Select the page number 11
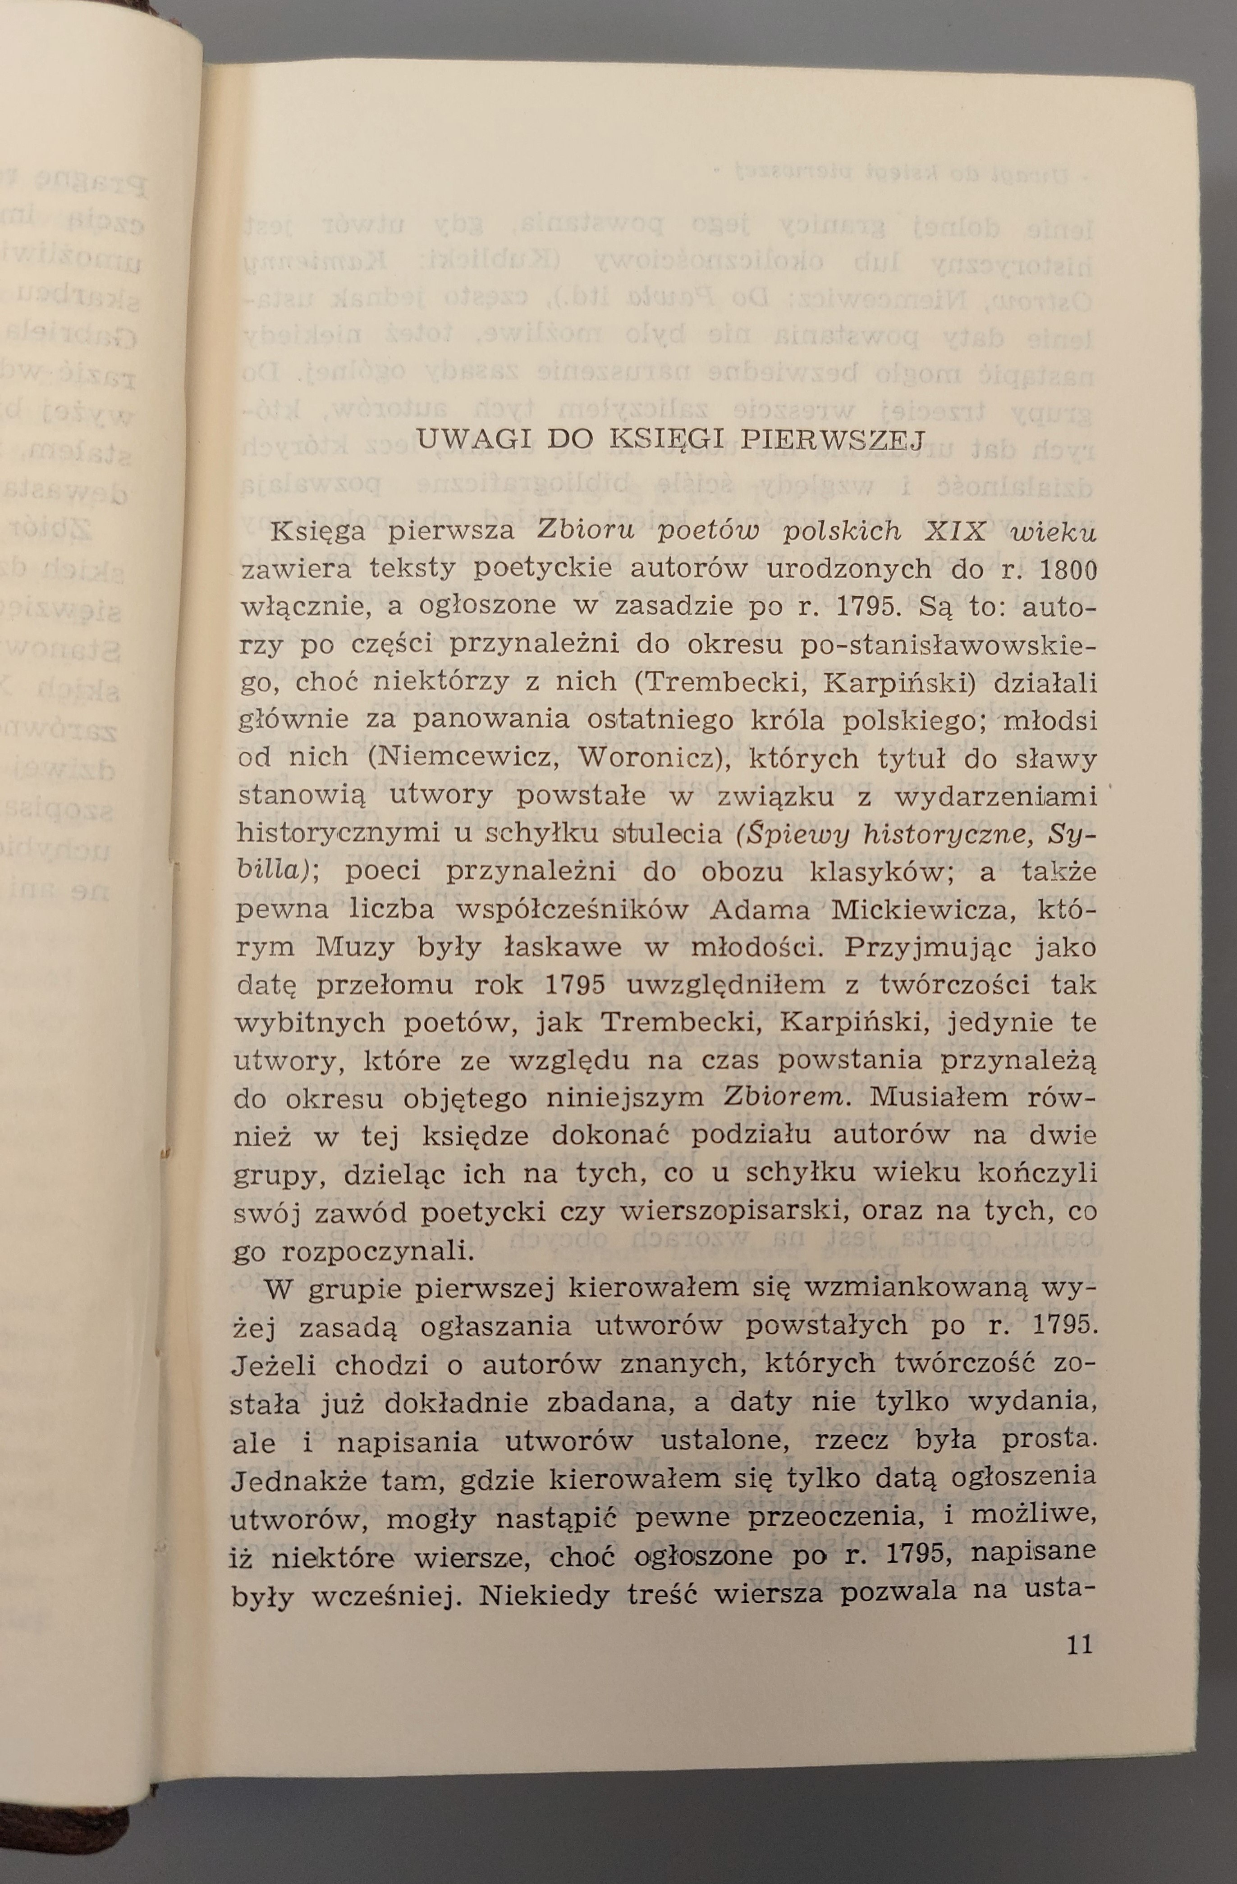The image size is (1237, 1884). click(1079, 1646)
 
